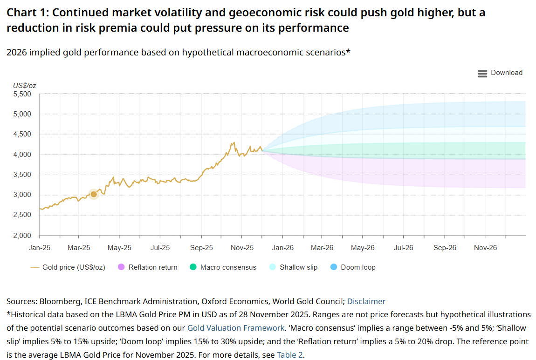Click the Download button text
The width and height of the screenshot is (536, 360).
click(507, 73)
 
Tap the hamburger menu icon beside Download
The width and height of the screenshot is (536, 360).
click(482, 73)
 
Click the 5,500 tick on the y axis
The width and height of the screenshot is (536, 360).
click(21, 94)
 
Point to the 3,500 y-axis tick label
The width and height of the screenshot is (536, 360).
click(21, 175)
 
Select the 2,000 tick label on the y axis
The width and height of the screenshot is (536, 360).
click(21, 235)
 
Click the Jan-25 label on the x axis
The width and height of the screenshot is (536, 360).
click(39, 248)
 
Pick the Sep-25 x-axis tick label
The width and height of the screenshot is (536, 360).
click(202, 248)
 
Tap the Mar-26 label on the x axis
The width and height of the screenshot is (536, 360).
click(322, 248)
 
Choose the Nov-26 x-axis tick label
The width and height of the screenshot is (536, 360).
click(485, 248)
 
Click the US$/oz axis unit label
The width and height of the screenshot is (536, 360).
click(25, 85)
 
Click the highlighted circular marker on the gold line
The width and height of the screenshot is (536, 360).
click(94, 194)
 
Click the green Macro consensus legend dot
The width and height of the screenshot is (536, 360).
click(193, 267)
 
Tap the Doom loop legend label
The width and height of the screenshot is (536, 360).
click(358, 267)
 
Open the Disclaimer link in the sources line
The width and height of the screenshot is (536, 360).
click(366, 301)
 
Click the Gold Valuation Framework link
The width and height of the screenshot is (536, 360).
click(236, 328)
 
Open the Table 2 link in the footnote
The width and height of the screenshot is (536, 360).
click(290, 355)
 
